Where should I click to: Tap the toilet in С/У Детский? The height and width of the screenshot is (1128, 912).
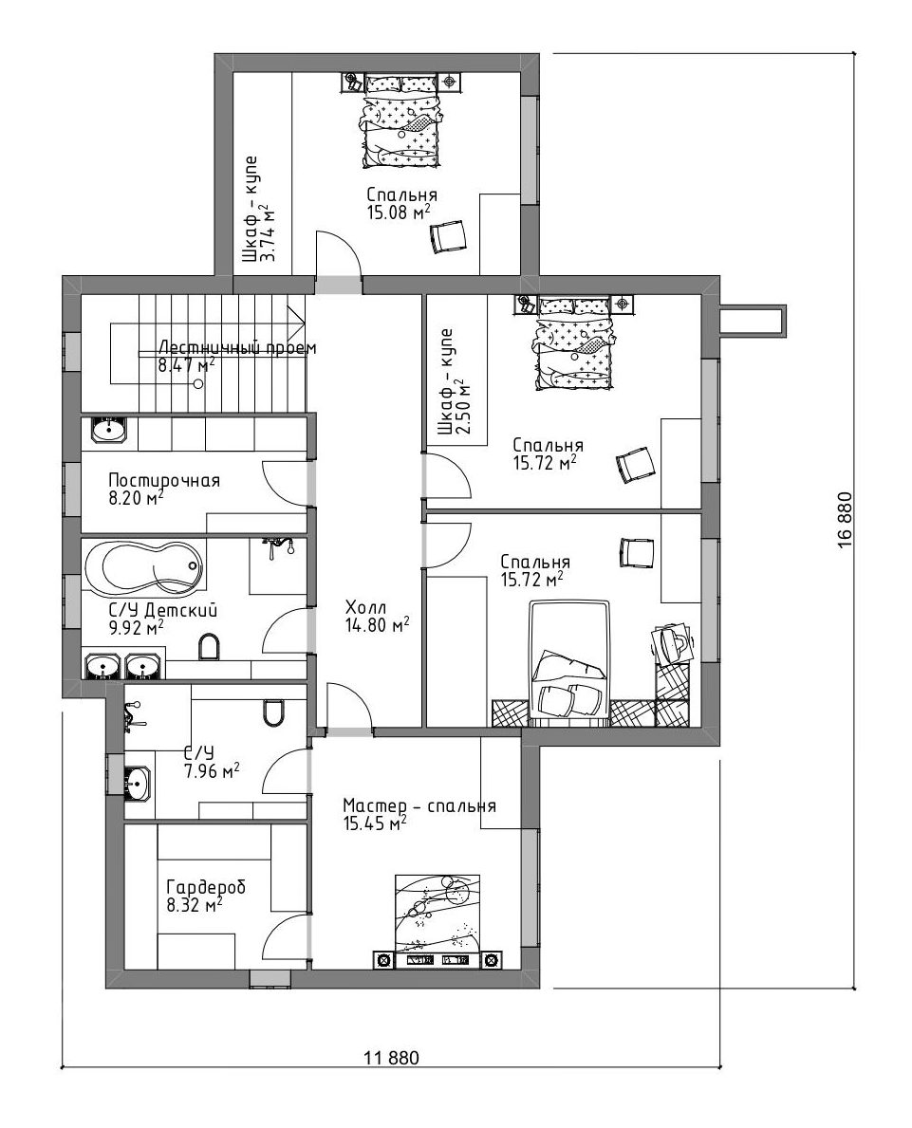coord(208,647)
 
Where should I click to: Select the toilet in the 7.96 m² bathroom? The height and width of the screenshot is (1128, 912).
coord(272,712)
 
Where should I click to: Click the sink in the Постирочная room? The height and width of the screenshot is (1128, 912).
coord(109,430)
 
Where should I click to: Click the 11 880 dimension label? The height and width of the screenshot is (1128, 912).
coord(391,1058)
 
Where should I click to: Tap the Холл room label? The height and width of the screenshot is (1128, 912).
coord(365,605)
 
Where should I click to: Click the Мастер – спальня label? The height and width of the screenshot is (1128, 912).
coord(419,805)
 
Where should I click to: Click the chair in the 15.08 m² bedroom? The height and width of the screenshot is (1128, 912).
coord(448,236)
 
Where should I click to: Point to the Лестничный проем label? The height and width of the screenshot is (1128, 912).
coord(237,347)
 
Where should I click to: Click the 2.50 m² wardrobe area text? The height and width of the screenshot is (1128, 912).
coord(464,408)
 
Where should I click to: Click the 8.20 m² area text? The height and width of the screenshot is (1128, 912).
coord(136,498)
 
